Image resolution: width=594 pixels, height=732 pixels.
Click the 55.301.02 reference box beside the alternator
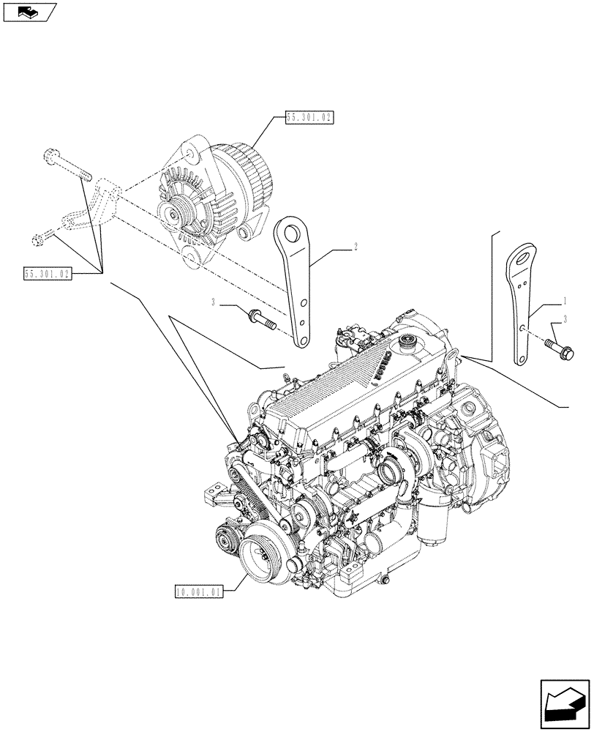(x=309, y=117)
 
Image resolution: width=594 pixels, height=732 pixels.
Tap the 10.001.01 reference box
(x=198, y=591)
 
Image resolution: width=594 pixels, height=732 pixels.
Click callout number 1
(x=564, y=301)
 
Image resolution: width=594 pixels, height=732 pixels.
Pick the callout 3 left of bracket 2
(x=213, y=303)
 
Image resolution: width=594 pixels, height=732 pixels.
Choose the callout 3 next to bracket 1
(x=565, y=318)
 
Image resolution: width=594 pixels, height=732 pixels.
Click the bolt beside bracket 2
(x=261, y=319)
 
